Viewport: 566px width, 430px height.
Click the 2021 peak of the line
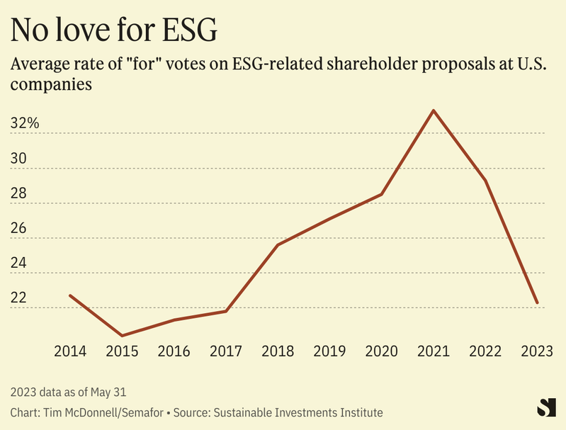434,111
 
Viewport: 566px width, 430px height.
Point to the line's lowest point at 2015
122,336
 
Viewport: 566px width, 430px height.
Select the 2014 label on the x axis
70,351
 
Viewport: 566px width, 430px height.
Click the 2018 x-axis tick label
278,351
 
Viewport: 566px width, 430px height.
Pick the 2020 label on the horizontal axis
382,351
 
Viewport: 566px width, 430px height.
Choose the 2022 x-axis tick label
485,351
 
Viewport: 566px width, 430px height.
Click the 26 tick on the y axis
18,229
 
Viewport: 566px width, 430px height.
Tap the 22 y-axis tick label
18,298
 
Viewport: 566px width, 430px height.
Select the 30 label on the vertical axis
18,159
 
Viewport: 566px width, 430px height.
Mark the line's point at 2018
278,245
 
